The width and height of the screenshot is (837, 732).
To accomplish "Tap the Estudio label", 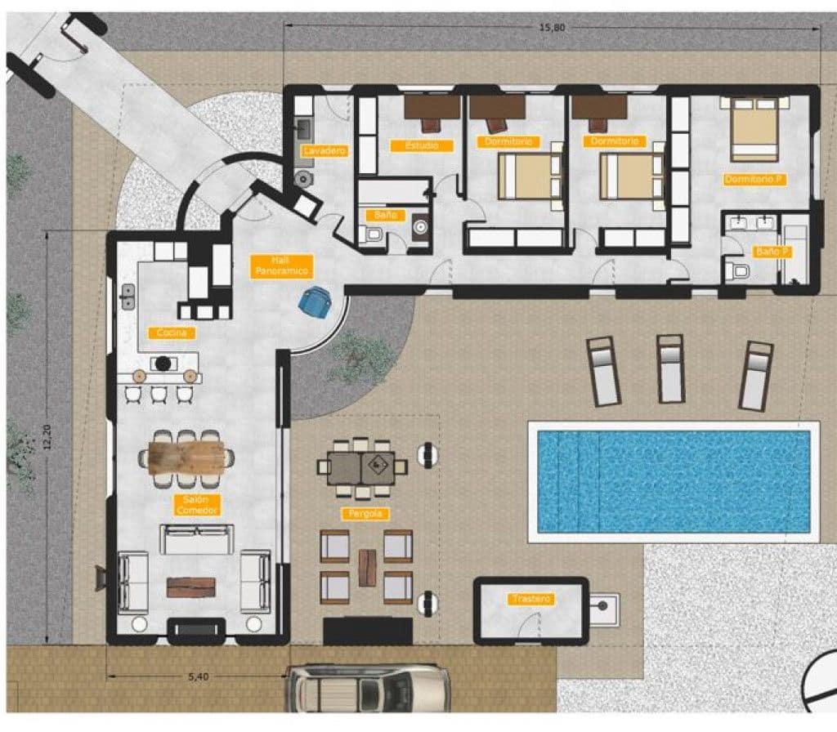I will (x=421, y=145).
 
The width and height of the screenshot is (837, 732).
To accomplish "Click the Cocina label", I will (x=172, y=333).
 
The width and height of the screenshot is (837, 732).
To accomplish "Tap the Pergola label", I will (x=365, y=514).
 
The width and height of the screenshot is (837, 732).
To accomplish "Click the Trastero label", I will (x=531, y=600).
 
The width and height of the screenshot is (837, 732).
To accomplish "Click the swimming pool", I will (x=674, y=481).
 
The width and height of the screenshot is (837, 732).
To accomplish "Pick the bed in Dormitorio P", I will (x=754, y=129).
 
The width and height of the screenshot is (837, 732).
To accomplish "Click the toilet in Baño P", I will (x=737, y=272).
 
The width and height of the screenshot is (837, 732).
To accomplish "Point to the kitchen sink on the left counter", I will (x=128, y=297).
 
